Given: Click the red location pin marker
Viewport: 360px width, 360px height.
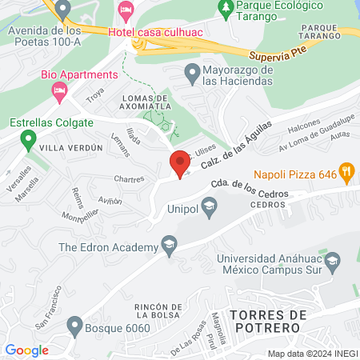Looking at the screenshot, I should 180,163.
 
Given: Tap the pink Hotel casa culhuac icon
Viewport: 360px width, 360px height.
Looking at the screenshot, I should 125,11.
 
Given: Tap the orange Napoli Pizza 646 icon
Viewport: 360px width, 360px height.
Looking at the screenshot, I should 346,170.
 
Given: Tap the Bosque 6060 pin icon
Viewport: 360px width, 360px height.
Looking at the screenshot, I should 74,326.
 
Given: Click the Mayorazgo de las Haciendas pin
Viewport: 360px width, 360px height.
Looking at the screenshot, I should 191,74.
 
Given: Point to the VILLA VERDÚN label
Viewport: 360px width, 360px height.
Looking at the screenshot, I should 71,148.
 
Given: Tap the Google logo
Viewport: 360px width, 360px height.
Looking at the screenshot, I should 26,350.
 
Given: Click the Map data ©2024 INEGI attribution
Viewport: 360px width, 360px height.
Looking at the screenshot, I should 312,354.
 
